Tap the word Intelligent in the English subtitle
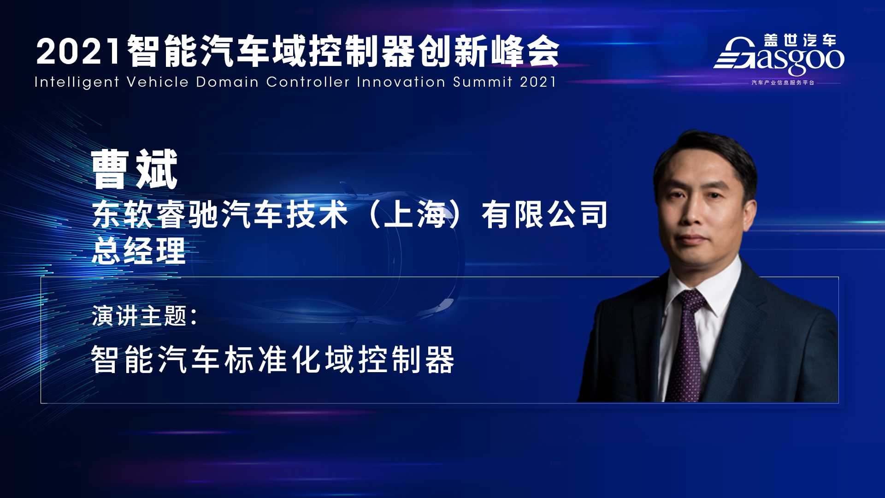tap(77, 82)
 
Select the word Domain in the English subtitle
tap(227, 82)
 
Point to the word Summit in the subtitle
tap(483, 82)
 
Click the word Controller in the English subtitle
tap(307, 82)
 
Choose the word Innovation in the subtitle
tap(401, 82)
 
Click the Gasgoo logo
tap(779, 55)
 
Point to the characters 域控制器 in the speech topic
tap(390, 359)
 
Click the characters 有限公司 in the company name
tap(545, 215)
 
